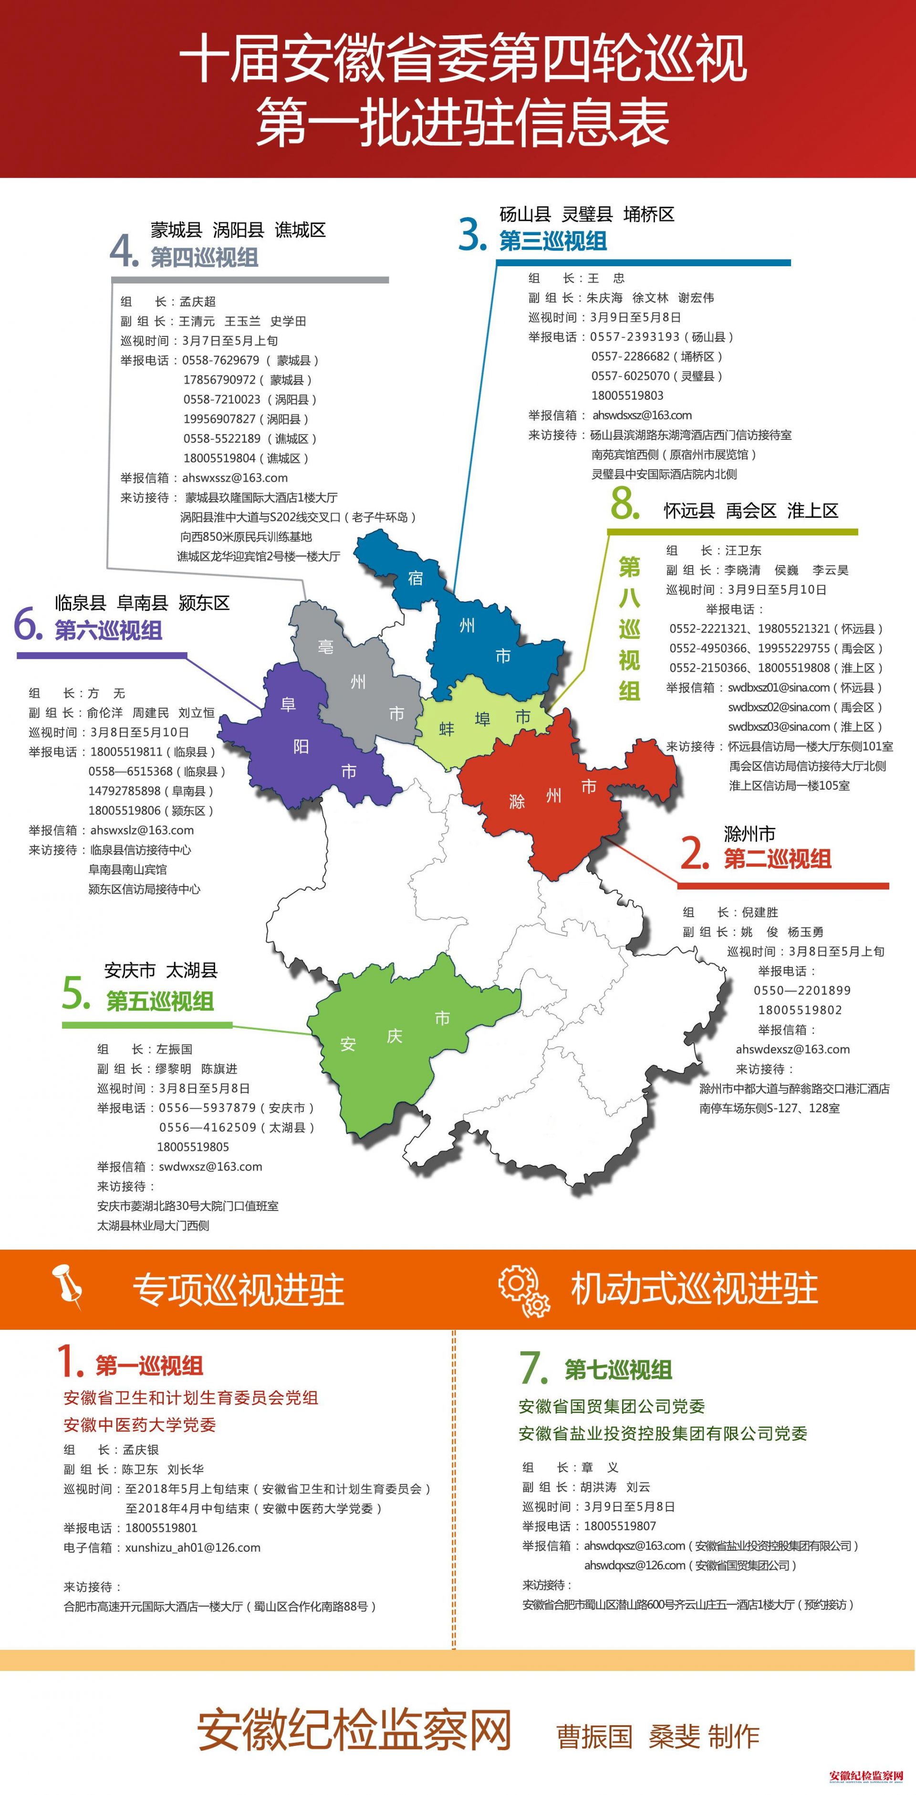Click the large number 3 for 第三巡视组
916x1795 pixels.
(472, 234)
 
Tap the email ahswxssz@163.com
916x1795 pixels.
(235, 478)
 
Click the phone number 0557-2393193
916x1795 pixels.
(635, 336)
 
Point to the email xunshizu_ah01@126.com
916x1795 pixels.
(193, 1548)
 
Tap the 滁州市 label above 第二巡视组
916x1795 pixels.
(749, 834)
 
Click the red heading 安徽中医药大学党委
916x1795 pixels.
(140, 1425)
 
